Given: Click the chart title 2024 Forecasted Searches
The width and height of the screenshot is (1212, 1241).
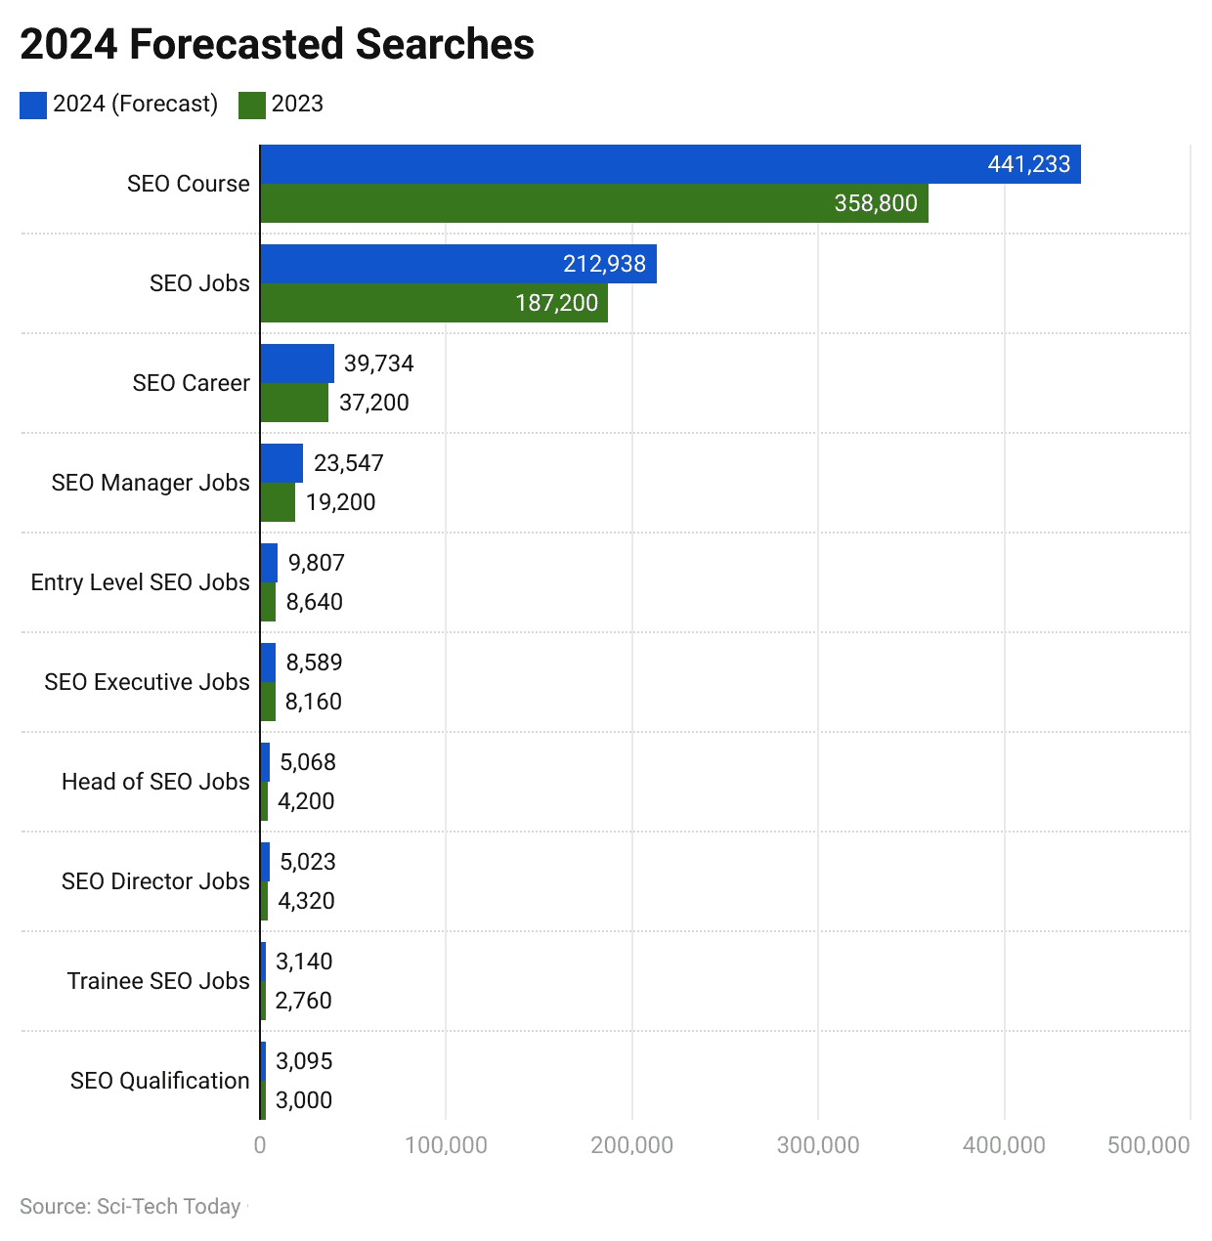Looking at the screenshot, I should click(x=277, y=45).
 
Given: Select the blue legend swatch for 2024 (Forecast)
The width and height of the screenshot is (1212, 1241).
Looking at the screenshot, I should click(x=32, y=106).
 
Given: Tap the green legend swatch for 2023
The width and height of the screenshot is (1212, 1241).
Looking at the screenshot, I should click(x=251, y=106).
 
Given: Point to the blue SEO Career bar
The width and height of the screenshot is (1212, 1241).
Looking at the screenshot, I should click(x=297, y=364).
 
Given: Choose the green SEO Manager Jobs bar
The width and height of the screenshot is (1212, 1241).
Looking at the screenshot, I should click(x=278, y=502).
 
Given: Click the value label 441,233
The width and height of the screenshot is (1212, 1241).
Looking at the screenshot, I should click(x=1028, y=164).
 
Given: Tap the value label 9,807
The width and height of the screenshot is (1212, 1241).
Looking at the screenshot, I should click(x=316, y=563).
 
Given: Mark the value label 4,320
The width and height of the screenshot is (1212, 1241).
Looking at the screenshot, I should click(x=306, y=901).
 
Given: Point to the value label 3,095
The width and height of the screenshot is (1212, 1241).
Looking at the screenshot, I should click(x=304, y=1061).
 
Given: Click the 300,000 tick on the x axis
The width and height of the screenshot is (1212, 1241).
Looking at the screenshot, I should click(x=818, y=1145).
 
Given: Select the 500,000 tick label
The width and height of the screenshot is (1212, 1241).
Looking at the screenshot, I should click(x=1148, y=1145).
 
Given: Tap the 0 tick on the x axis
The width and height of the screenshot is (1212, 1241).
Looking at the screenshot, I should click(x=260, y=1145).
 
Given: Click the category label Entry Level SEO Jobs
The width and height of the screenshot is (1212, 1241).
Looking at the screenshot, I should click(x=140, y=582).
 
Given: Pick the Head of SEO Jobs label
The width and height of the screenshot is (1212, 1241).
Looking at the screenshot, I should click(x=155, y=782).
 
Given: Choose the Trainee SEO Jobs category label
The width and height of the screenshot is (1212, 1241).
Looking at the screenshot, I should click(x=158, y=981).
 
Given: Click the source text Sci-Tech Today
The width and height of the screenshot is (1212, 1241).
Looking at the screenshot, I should click(x=130, y=1207).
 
